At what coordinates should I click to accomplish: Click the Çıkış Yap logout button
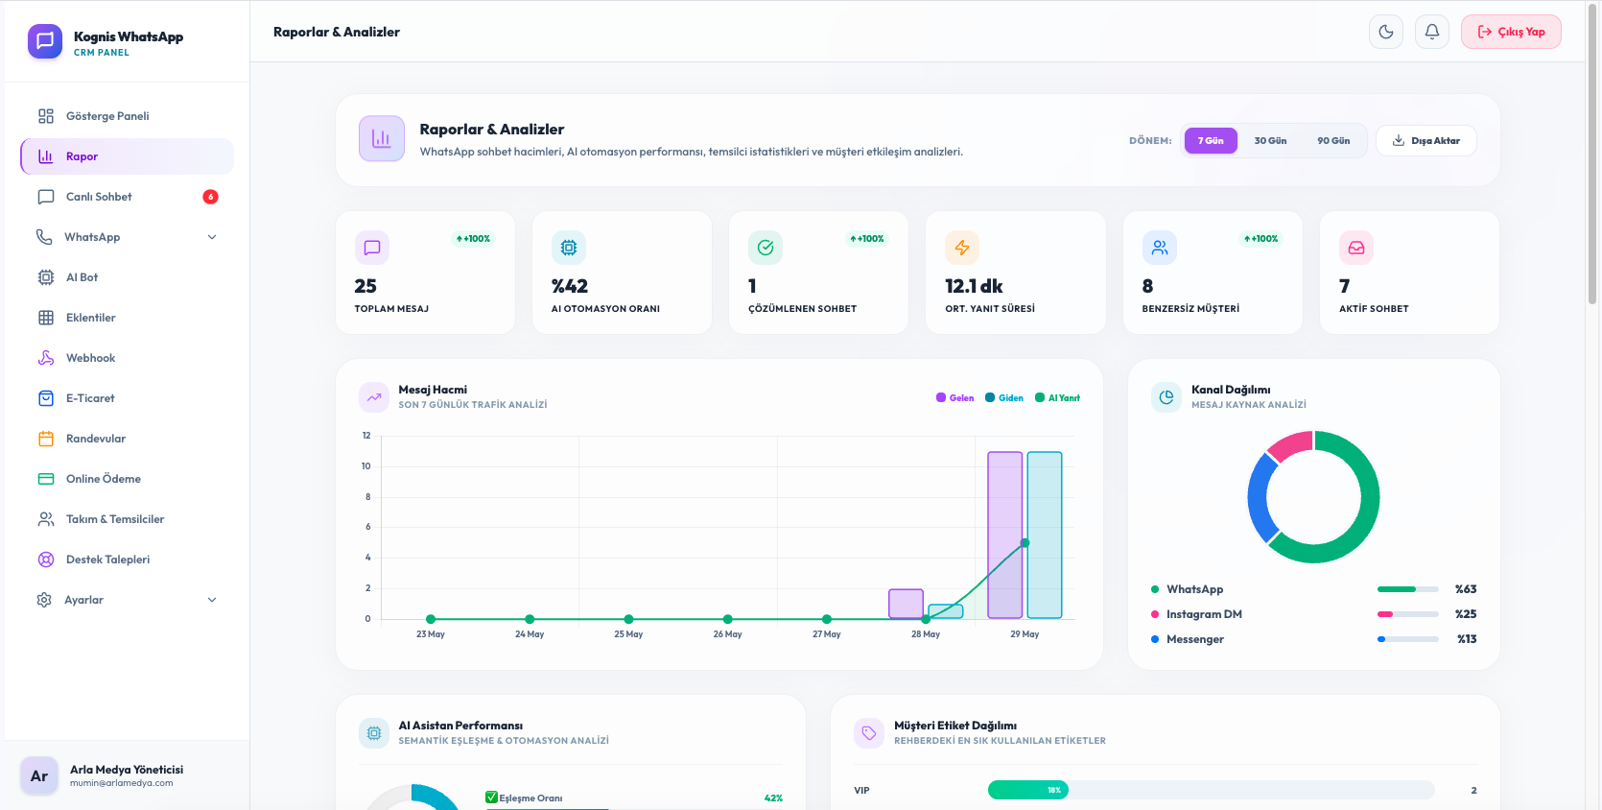(x=1511, y=32)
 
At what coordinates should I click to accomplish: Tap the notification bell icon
(x=1432, y=32)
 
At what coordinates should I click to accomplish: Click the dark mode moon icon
(x=1386, y=32)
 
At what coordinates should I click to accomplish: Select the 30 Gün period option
(x=1270, y=140)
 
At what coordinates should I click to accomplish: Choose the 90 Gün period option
(x=1333, y=140)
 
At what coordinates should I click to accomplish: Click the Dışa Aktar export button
(x=1426, y=140)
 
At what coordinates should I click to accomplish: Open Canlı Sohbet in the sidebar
(x=99, y=197)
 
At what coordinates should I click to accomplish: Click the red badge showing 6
(x=210, y=197)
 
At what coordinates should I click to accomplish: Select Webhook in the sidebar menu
(x=91, y=358)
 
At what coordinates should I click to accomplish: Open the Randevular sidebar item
(x=96, y=439)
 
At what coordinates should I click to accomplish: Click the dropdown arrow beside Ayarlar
(x=212, y=600)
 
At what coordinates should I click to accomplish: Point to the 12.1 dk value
(x=974, y=286)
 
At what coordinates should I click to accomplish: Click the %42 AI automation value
(x=569, y=286)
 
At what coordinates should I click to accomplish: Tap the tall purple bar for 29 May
(x=1004, y=535)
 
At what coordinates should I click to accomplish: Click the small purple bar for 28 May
(x=907, y=604)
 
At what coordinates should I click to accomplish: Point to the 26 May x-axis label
(x=727, y=634)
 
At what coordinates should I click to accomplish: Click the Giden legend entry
(x=1004, y=398)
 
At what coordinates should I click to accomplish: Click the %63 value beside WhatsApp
(x=1466, y=589)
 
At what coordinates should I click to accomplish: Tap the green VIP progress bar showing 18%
(x=1027, y=790)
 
